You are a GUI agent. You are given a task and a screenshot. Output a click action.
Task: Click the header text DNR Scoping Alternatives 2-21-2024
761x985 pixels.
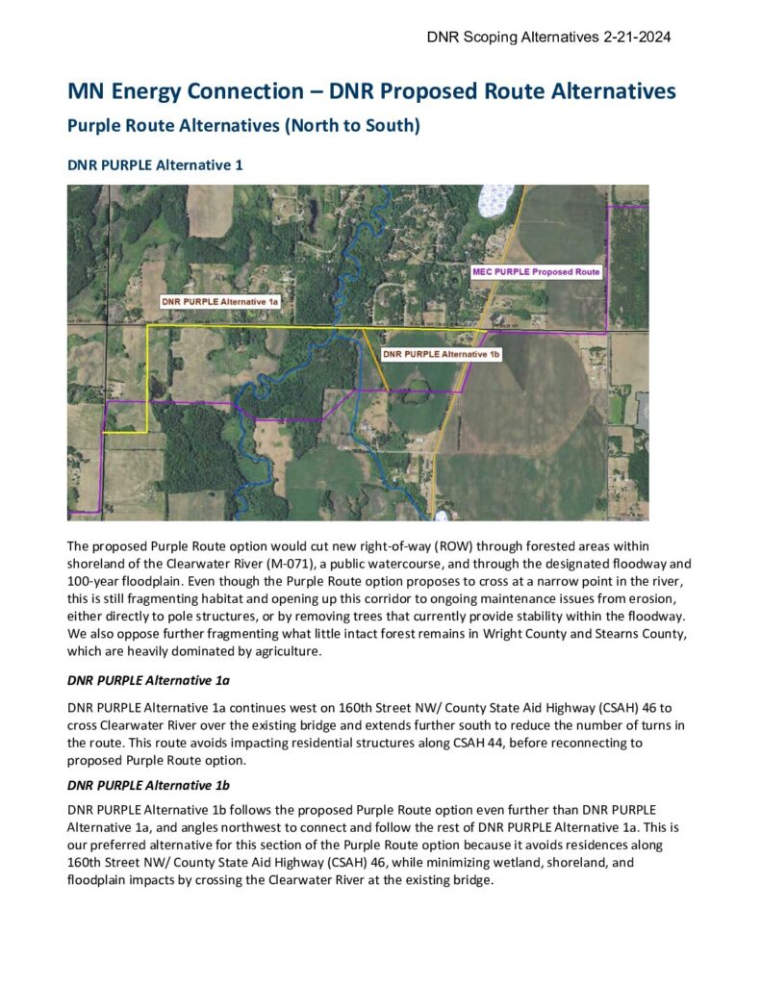point(548,38)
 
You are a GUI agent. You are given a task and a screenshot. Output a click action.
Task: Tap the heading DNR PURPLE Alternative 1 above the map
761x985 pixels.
point(155,165)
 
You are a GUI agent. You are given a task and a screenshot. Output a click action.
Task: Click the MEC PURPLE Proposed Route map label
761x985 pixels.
point(536,272)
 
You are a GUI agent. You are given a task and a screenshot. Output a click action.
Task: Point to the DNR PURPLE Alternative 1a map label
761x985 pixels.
point(220,302)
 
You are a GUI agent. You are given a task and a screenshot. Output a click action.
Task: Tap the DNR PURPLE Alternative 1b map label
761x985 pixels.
point(441,354)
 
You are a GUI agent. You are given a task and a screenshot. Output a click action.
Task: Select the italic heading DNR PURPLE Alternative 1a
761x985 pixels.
point(148,681)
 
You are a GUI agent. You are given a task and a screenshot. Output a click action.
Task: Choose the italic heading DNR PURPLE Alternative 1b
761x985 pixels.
point(148,784)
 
